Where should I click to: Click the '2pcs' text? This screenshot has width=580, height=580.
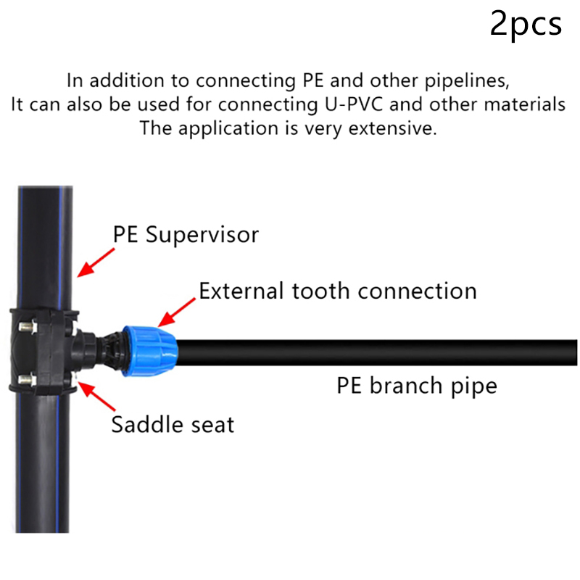click(526, 24)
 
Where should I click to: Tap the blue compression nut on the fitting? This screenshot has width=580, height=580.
click(149, 352)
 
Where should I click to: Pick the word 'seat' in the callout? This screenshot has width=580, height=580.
click(211, 423)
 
